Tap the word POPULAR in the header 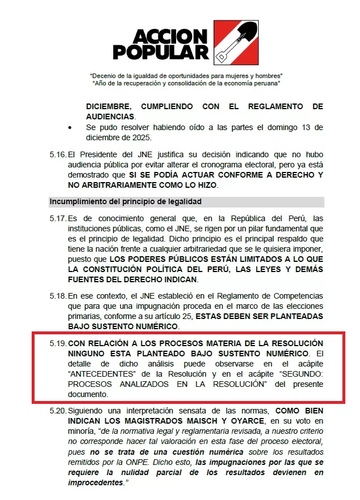click(x=161, y=52)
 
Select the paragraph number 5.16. click(x=58, y=154)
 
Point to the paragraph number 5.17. click(x=58, y=219)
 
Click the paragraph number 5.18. click(x=58, y=296)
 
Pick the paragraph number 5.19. click(x=58, y=344)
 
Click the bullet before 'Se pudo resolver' click(x=70, y=127)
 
